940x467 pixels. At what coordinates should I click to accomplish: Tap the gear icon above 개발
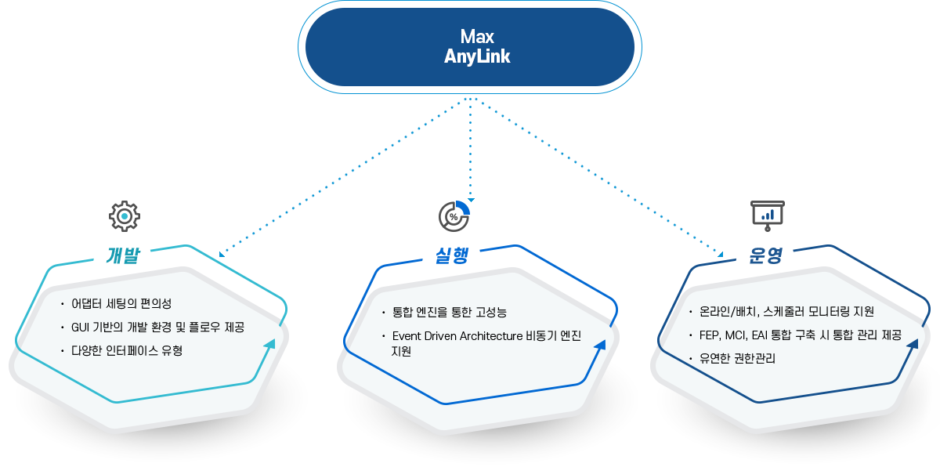(124, 215)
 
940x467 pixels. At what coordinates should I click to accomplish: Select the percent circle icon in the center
(454, 215)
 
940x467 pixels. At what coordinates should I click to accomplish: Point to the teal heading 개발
(123, 255)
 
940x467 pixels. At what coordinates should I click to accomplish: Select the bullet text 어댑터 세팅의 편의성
(121, 303)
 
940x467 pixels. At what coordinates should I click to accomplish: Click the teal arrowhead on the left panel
(269, 345)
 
